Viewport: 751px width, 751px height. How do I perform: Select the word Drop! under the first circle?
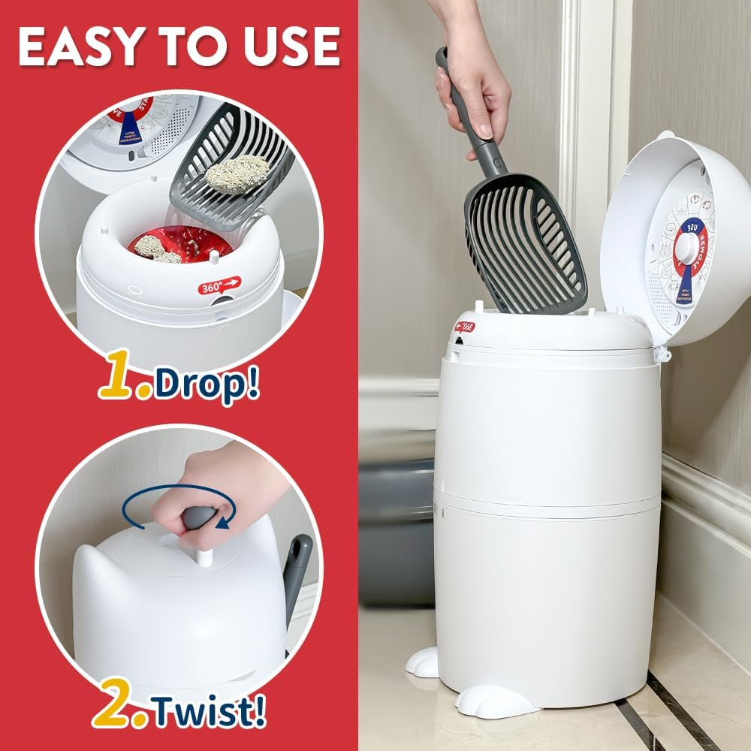[207, 385]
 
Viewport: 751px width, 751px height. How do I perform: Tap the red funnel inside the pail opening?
[180, 244]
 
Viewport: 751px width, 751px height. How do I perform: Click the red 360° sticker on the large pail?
[464, 329]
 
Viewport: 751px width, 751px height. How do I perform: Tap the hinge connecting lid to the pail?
[661, 351]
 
